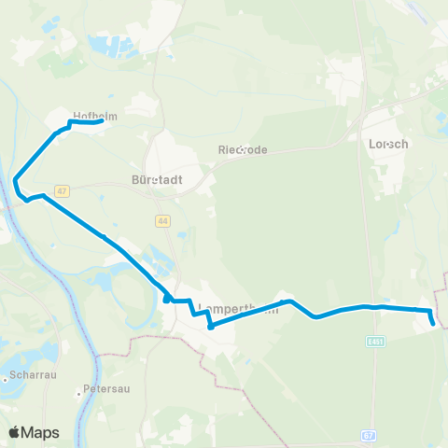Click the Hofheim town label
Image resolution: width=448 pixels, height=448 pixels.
(x=93, y=116)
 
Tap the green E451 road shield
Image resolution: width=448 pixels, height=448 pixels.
(x=376, y=342)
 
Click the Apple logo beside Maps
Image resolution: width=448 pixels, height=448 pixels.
(x=15, y=432)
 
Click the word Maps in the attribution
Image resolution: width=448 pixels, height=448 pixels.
(x=41, y=432)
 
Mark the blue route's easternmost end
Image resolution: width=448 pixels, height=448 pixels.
(x=434, y=324)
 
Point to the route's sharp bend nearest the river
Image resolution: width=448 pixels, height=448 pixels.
(x=16, y=180)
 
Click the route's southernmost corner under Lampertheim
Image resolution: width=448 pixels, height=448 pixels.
(x=211, y=327)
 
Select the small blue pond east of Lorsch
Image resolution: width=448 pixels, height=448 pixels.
(x=440, y=117)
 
